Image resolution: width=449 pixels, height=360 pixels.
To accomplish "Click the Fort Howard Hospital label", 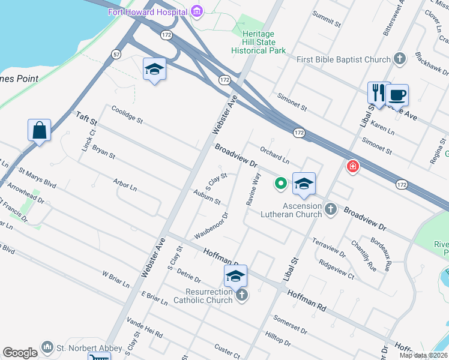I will click(x=146, y=12).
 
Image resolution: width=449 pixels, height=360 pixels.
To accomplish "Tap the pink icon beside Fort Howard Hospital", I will click(x=196, y=11).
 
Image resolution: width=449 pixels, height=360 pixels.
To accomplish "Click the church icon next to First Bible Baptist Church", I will click(x=401, y=59).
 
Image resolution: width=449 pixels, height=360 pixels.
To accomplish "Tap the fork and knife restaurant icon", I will click(x=378, y=92).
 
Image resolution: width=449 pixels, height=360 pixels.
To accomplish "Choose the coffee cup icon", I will click(x=397, y=94).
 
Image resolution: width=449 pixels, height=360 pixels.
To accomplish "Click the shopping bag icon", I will click(x=39, y=130).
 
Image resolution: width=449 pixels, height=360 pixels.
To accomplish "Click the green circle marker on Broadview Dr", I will click(x=280, y=184).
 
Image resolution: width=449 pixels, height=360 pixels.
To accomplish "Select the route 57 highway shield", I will click(x=115, y=55).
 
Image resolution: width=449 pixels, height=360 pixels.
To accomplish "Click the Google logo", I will click(x=20, y=353).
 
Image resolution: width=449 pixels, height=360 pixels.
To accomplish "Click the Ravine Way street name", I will click(x=253, y=190).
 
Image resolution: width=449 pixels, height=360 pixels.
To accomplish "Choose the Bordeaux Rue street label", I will click(x=381, y=253).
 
